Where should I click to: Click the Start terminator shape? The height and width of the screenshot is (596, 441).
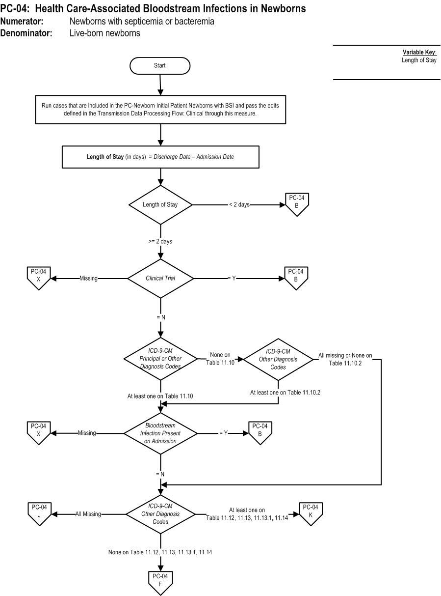point(160,65)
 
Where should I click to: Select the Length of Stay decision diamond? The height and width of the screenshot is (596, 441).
point(160,205)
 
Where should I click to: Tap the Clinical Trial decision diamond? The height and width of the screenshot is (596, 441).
point(160,279)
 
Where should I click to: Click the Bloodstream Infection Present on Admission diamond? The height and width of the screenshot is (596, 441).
point(160,433)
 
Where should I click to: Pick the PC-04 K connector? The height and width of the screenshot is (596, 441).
point(311,513)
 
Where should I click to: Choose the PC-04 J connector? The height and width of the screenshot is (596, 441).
point(39,513)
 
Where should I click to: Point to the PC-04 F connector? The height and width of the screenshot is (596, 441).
point(160,583)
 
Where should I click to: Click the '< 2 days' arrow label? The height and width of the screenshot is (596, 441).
point(239,204)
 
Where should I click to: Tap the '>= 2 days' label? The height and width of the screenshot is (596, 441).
point(160,241)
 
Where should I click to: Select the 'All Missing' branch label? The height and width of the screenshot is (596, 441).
point(88,514)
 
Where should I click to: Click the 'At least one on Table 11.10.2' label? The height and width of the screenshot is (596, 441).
point(285,392)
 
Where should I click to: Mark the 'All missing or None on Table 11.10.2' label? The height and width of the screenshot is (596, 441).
point(345,359)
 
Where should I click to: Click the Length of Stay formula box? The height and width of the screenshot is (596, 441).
point(160,157)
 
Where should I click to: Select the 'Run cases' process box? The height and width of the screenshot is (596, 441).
point(160,110)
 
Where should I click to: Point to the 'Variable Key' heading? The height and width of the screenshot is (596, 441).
point(419,52)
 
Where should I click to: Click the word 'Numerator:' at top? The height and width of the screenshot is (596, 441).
point(22,21)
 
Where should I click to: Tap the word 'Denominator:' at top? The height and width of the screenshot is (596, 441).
point(26,33)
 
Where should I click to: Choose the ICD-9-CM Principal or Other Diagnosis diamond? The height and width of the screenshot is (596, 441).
point(160,359)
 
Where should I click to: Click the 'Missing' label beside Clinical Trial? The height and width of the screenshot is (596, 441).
point(88,278)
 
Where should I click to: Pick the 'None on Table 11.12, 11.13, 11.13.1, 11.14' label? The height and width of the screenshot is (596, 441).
point(160,552)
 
